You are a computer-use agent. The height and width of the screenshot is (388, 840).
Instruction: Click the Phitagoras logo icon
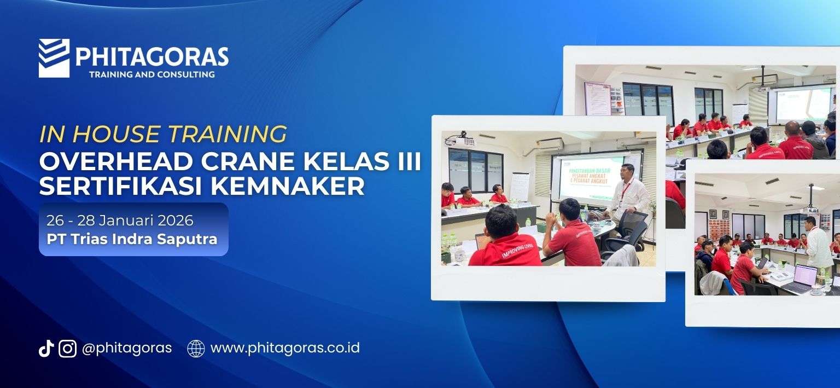click(x=54, y=58)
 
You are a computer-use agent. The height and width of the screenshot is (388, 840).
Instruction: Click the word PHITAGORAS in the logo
click(x=151, y=57)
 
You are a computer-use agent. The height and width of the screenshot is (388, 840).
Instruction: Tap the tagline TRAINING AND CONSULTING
click(x=151, y=74)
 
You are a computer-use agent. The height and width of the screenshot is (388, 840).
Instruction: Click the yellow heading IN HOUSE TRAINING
click(x=163, y=134)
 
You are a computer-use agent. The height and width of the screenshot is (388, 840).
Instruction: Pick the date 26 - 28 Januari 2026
click(x=120, y=221)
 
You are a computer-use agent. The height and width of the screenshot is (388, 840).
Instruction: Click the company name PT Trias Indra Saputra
click(x=132, y=239)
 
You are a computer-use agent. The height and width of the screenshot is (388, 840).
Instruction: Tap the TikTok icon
click(x=46, y=349)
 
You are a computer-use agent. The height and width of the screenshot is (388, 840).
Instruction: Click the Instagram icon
click(x=67, y=349)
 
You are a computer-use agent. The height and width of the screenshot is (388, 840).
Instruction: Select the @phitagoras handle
click(x=126, y=348)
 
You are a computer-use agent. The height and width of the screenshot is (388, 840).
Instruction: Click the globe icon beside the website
click(x=196, y=349)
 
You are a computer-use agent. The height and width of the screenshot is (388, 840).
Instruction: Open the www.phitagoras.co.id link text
click(x=285, y=348)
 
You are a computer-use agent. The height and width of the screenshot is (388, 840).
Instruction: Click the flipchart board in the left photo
click(x=520, y=186)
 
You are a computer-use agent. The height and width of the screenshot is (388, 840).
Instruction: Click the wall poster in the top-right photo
click(x=597, y=99)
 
